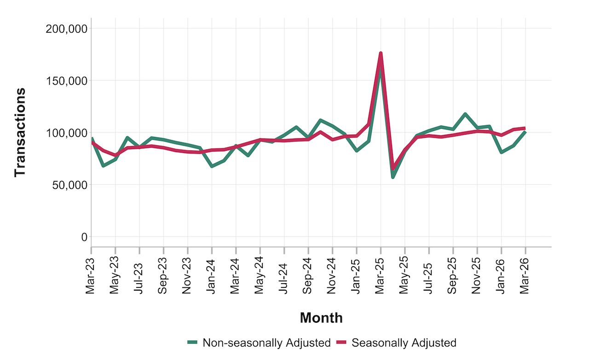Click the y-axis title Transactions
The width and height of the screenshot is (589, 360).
pos(19,132)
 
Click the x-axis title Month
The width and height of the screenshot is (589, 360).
pos(321,317)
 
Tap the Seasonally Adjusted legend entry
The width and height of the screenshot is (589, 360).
pos(404,343)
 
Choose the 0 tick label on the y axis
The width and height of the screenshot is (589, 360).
pos(83,237)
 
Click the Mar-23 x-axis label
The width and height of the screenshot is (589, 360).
pos(91,274)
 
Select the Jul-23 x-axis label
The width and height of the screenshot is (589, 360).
pos(139,274)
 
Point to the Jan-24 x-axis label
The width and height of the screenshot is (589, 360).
pos(212,274)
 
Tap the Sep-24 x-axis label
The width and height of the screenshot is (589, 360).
pos(308,274)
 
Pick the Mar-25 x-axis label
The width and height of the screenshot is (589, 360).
pos(381,274)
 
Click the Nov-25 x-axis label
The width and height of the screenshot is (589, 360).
pos(477,274)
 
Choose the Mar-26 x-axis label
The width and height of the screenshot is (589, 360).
pos(525,274)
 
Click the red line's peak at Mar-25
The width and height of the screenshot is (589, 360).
pos(381,53)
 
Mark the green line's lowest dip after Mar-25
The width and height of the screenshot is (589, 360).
pos(393,177)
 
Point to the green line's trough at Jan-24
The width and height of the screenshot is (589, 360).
pos(212,166)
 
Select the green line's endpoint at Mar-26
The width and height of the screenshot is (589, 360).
pos(525,132)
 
